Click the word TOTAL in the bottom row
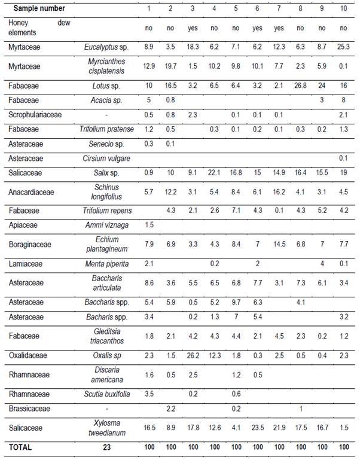[x=20, y=447]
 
